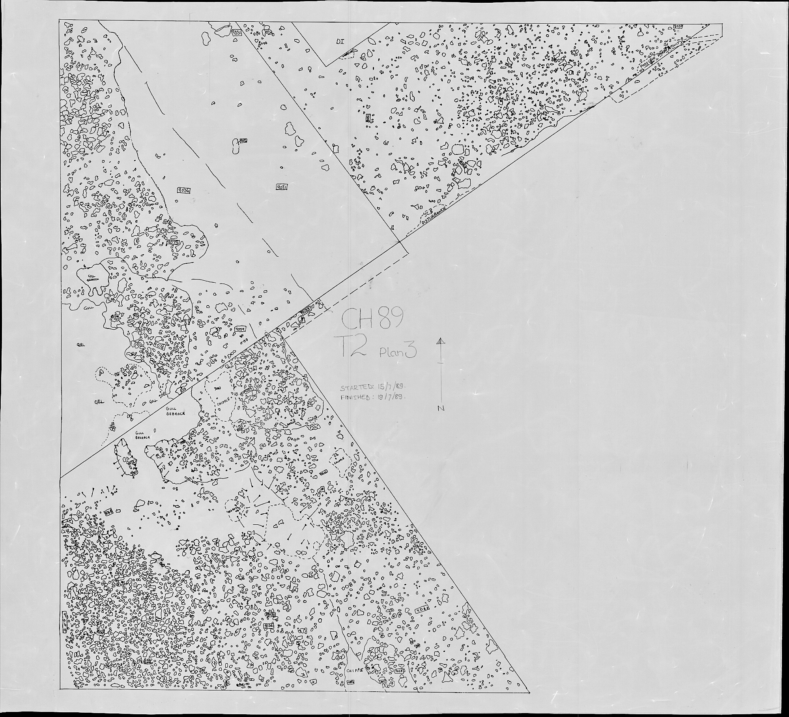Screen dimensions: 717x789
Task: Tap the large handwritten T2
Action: [x=355, y=347]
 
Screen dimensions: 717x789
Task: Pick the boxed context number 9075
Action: [x=173, y=242]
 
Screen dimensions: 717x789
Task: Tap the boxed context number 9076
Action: [x=159, y=345]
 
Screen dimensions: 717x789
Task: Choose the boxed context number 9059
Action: [x=240, y=328]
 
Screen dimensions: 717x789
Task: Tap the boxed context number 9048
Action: [x=422, y=608]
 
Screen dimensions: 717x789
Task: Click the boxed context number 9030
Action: [x=270, y=615]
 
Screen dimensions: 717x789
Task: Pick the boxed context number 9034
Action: [x=268, y=626]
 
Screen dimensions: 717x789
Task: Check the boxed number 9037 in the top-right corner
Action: [x=678, y=26]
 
